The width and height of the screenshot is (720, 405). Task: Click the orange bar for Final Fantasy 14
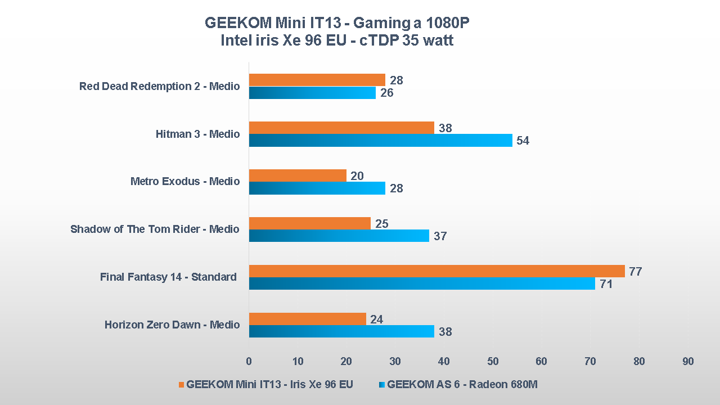436,271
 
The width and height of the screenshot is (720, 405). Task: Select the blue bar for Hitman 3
380,140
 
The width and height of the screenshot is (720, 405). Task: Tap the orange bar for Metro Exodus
298,175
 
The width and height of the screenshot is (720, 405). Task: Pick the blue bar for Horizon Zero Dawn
341,331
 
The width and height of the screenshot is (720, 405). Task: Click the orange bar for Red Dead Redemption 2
317,80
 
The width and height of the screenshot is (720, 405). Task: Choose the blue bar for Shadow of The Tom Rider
339,236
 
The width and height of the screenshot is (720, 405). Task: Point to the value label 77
636,272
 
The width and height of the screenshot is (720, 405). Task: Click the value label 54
523,141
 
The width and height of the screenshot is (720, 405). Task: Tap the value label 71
606,284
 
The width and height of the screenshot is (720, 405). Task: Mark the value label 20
357,176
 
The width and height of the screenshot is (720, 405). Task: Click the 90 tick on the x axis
688,361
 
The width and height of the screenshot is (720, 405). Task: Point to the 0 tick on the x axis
249,361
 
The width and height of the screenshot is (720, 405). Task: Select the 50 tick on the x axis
493,361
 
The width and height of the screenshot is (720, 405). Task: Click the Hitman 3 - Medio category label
197,134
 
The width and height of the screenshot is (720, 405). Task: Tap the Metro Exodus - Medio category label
185,181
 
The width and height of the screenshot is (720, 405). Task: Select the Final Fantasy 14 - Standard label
168,277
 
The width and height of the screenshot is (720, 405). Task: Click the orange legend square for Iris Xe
181,385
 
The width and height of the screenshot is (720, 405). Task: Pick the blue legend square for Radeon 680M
382,385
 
